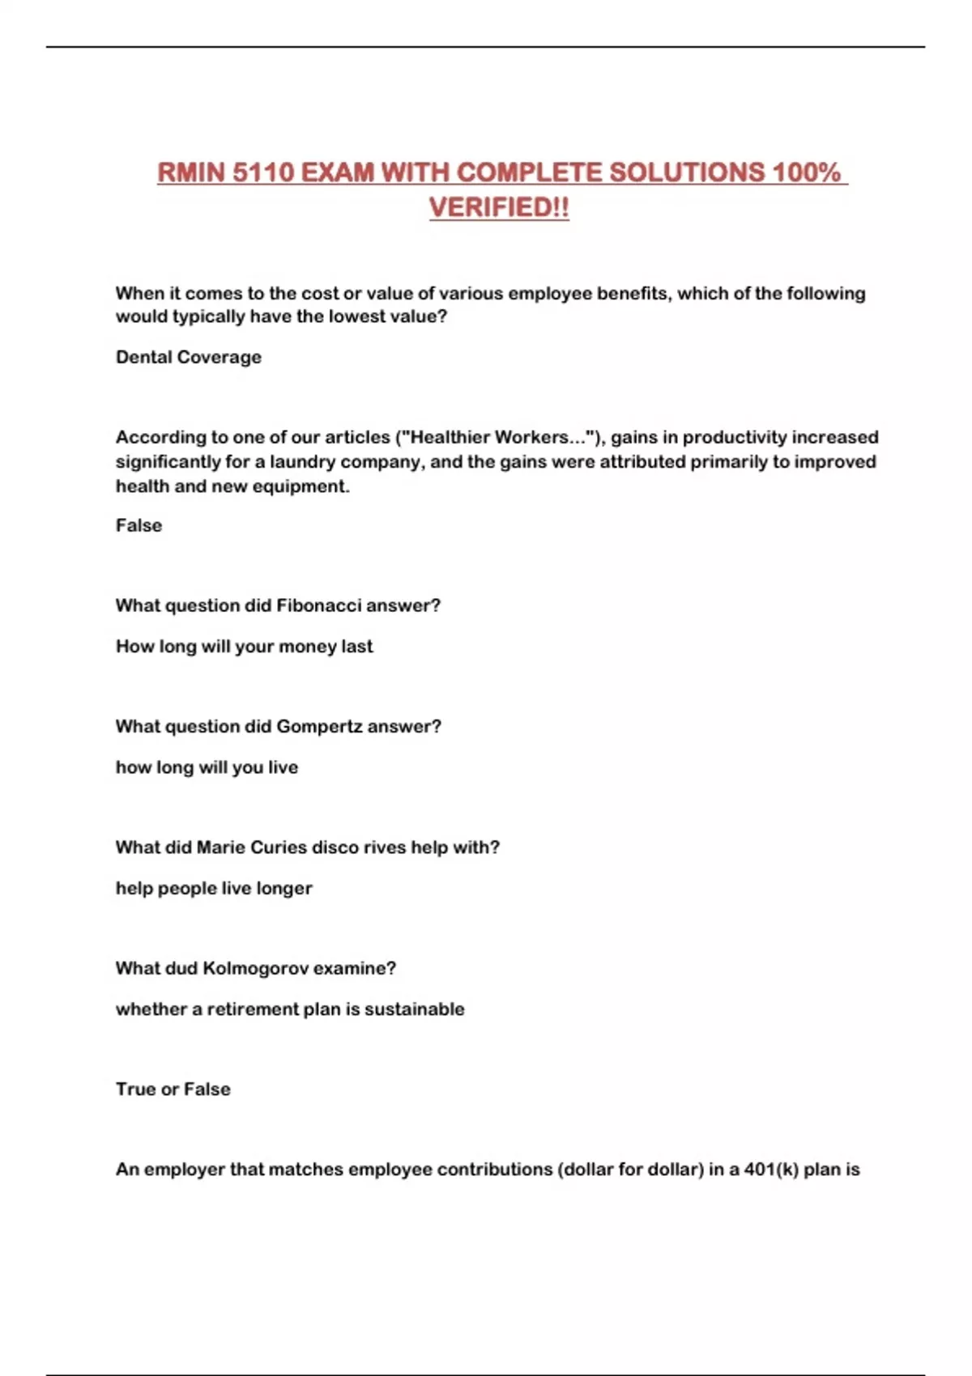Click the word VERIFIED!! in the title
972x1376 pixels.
coord(499,207)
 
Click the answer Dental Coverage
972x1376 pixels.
coord(189,357)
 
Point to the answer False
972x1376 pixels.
coord(139,525)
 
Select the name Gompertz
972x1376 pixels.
coord(320,726)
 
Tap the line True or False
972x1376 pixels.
coord(173,1089)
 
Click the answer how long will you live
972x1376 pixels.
coord(207,767)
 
